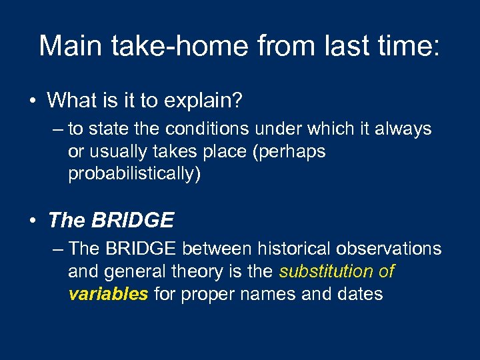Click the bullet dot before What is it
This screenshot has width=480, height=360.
(32, 101)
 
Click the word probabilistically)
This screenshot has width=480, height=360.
(134, 174)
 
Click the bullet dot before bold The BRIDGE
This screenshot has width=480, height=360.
(32, 220)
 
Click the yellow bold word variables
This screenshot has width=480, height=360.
(108, 294)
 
